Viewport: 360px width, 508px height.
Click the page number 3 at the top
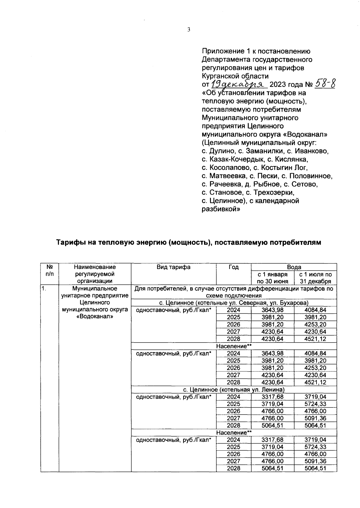[189, 29]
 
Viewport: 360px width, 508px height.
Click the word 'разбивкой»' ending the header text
[220, 209]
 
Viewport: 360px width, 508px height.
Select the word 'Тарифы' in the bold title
[69, 242]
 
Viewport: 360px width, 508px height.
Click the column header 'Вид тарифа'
[173, 267]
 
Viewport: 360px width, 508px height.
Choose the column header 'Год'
[233, 267]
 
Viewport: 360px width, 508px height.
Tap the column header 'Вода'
[294, 267]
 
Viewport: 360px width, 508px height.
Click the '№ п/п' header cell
[50, 271]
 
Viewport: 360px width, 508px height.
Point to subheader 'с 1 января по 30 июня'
[273, 278]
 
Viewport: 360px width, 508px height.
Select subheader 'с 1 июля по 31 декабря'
[315, 278]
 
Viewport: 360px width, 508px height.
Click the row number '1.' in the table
[44, 289]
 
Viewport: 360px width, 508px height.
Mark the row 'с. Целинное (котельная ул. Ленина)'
[234, 390]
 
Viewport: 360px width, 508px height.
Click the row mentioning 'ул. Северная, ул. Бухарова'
[234, 303]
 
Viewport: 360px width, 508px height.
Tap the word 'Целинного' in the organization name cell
[95, 302]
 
